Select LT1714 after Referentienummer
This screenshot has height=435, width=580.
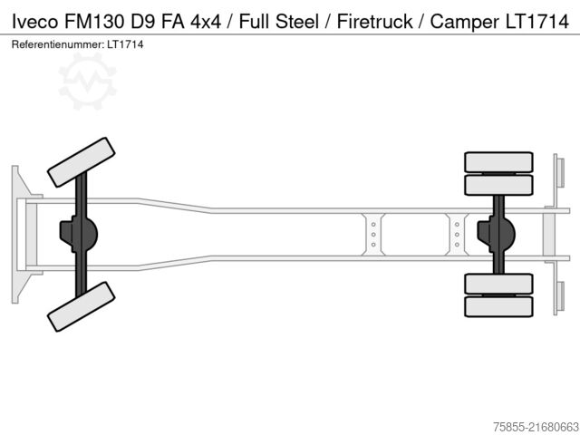(x=126, y=43)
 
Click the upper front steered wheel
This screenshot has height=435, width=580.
(x=81, y=162)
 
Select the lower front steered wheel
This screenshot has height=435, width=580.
(x=81, y=306)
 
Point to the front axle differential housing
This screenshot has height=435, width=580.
(x=74, y=234)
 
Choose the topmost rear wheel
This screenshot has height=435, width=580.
(x=498, y=162)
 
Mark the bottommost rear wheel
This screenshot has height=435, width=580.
(x=498, y=307)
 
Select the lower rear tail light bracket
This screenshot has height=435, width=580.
(x=560, y=295)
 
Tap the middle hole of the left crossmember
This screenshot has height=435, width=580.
(x=372, y=235)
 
